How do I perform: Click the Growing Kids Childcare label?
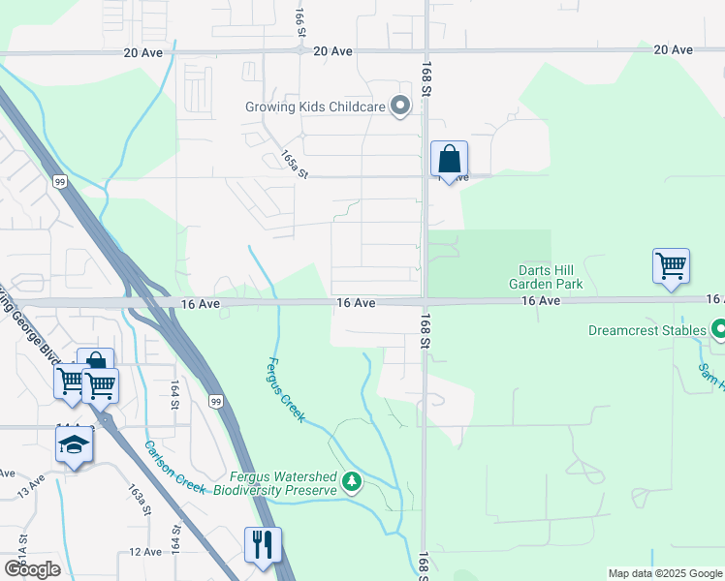[x=323, y=107]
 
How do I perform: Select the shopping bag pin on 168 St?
[x=449, y=160]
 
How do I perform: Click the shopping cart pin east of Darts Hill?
[x=671, y=265]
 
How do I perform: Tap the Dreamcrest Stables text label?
[x=647, y=330]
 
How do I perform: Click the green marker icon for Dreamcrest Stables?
[x=718, y=330]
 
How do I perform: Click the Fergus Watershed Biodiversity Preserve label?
[x=283, y=483]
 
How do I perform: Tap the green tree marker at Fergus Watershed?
[x=353, y=481]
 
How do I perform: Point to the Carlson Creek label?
[x=175, y=468]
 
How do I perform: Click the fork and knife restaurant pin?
[x=263, y=544]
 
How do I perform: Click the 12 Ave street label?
[x=145, y=552]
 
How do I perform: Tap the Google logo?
[x=32, y=569]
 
